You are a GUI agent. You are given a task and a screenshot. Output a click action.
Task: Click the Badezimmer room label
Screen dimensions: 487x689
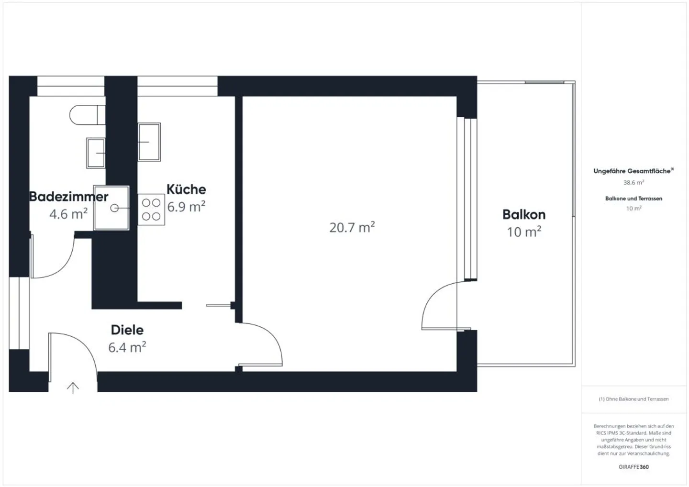point(69,197)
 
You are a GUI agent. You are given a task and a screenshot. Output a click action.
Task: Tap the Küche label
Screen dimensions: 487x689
point(186,189)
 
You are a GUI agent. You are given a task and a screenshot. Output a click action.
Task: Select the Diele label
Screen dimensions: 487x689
point(127,330)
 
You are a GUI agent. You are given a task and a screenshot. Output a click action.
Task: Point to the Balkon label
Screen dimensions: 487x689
point(524,214)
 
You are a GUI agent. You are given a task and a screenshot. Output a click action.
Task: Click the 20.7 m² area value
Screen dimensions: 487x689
point(352,227)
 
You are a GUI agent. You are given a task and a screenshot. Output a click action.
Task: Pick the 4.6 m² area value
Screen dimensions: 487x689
point(68,214)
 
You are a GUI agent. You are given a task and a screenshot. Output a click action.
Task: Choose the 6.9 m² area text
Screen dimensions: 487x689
point(186,207)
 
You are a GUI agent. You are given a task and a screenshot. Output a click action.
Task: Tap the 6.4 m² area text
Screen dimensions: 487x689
point(127,347)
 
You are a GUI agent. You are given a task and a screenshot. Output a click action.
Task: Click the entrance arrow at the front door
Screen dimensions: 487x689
point(73,387)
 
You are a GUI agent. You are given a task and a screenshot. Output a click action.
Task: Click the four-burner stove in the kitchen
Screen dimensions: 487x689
point(151,210)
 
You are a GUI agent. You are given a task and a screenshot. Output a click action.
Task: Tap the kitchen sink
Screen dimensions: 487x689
point(149,142)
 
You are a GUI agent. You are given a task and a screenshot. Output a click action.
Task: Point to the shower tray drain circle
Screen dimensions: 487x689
point(114,208)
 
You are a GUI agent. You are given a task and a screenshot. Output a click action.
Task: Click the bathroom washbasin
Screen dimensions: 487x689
point(96,153)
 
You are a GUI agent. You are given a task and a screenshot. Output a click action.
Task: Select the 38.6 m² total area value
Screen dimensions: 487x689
point(633,183)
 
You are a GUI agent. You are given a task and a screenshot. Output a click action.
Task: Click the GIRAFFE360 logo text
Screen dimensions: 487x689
point(633,467)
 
